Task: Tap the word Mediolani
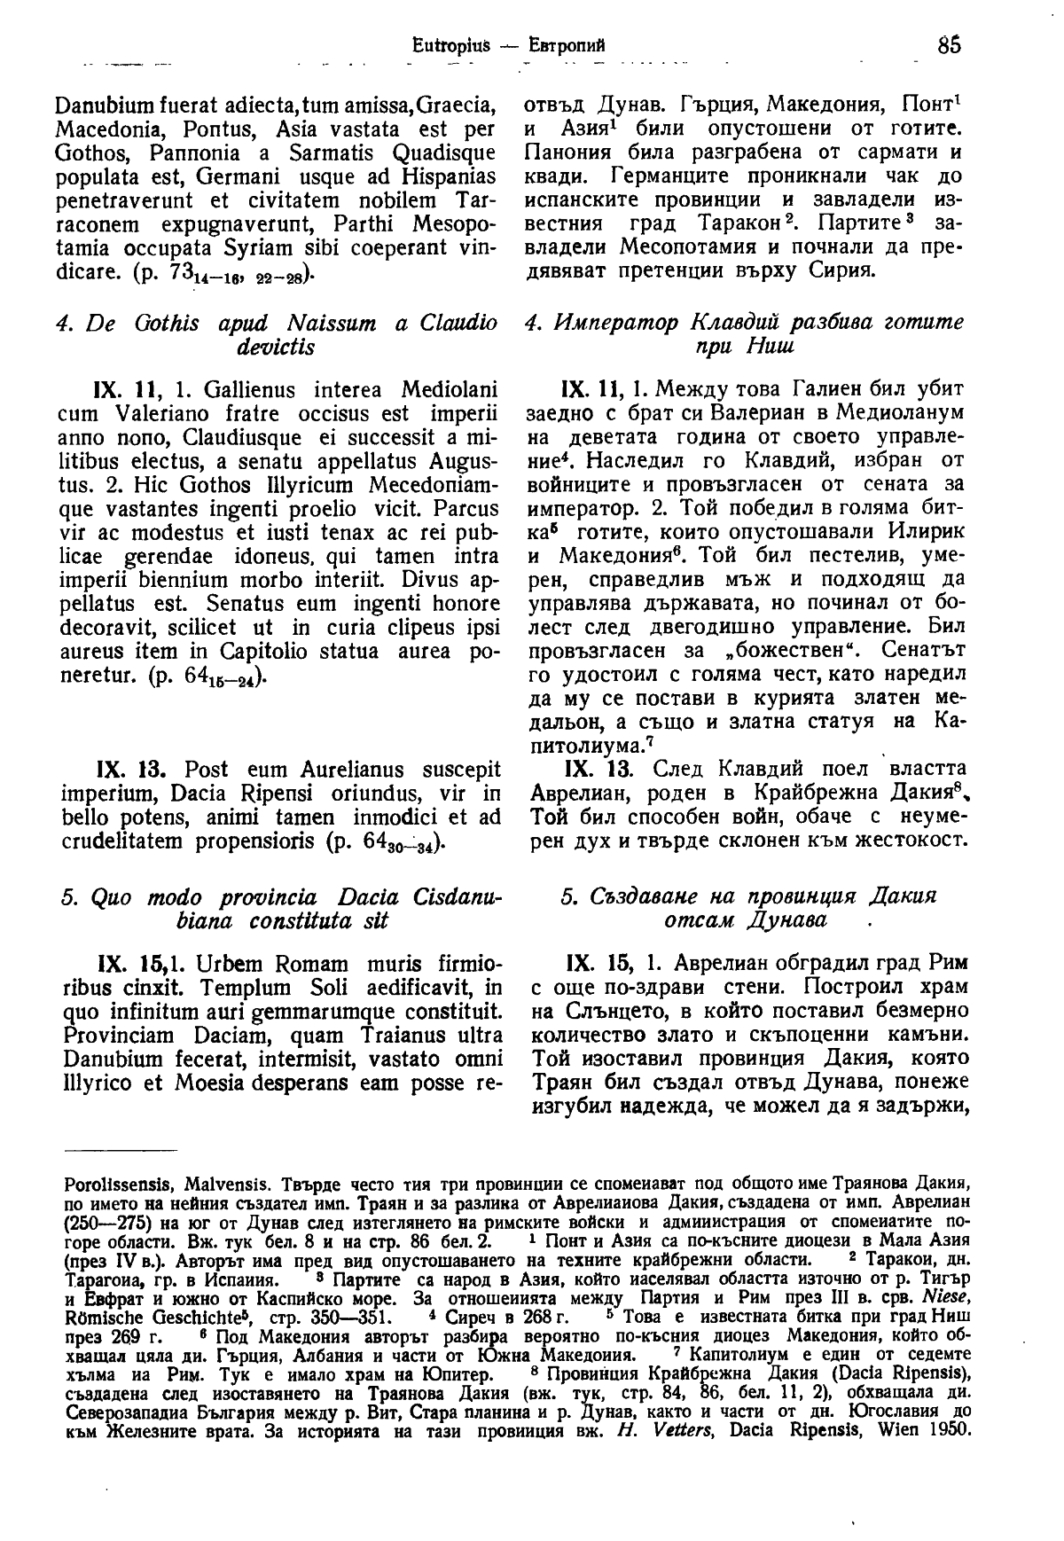click(x=446, y=391)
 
